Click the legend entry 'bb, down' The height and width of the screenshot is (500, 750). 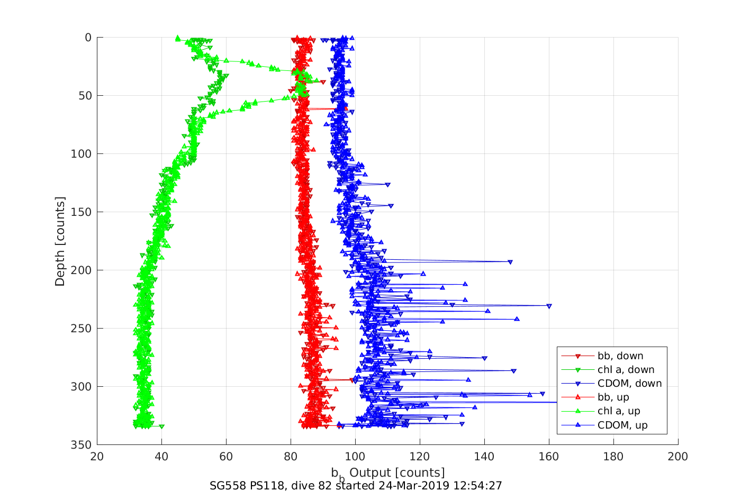pos(620,356)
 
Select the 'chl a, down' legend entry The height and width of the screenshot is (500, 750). pos(626,369)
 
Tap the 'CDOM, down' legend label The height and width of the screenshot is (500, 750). pos(629,383)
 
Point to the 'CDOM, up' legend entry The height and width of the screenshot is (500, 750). pos(622,425)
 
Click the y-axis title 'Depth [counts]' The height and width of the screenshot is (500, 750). pos(60,241)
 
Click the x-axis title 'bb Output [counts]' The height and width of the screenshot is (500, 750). pos(388,472)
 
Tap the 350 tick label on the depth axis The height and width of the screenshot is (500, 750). pos(81,445)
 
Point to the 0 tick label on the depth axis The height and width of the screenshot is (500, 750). pos(88,38)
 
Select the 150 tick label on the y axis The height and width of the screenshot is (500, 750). pos(81,212)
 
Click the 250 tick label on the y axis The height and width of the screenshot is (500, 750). pos(81,329)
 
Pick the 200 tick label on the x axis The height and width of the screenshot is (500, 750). pos(677,457)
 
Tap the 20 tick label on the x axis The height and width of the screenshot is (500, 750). pos(97,457)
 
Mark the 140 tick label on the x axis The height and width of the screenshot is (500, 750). pos(484,457)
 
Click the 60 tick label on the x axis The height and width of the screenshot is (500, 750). pos(226,457)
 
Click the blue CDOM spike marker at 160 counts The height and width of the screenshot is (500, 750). pos(549,306)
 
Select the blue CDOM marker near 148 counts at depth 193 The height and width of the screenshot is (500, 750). pos(510,262)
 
